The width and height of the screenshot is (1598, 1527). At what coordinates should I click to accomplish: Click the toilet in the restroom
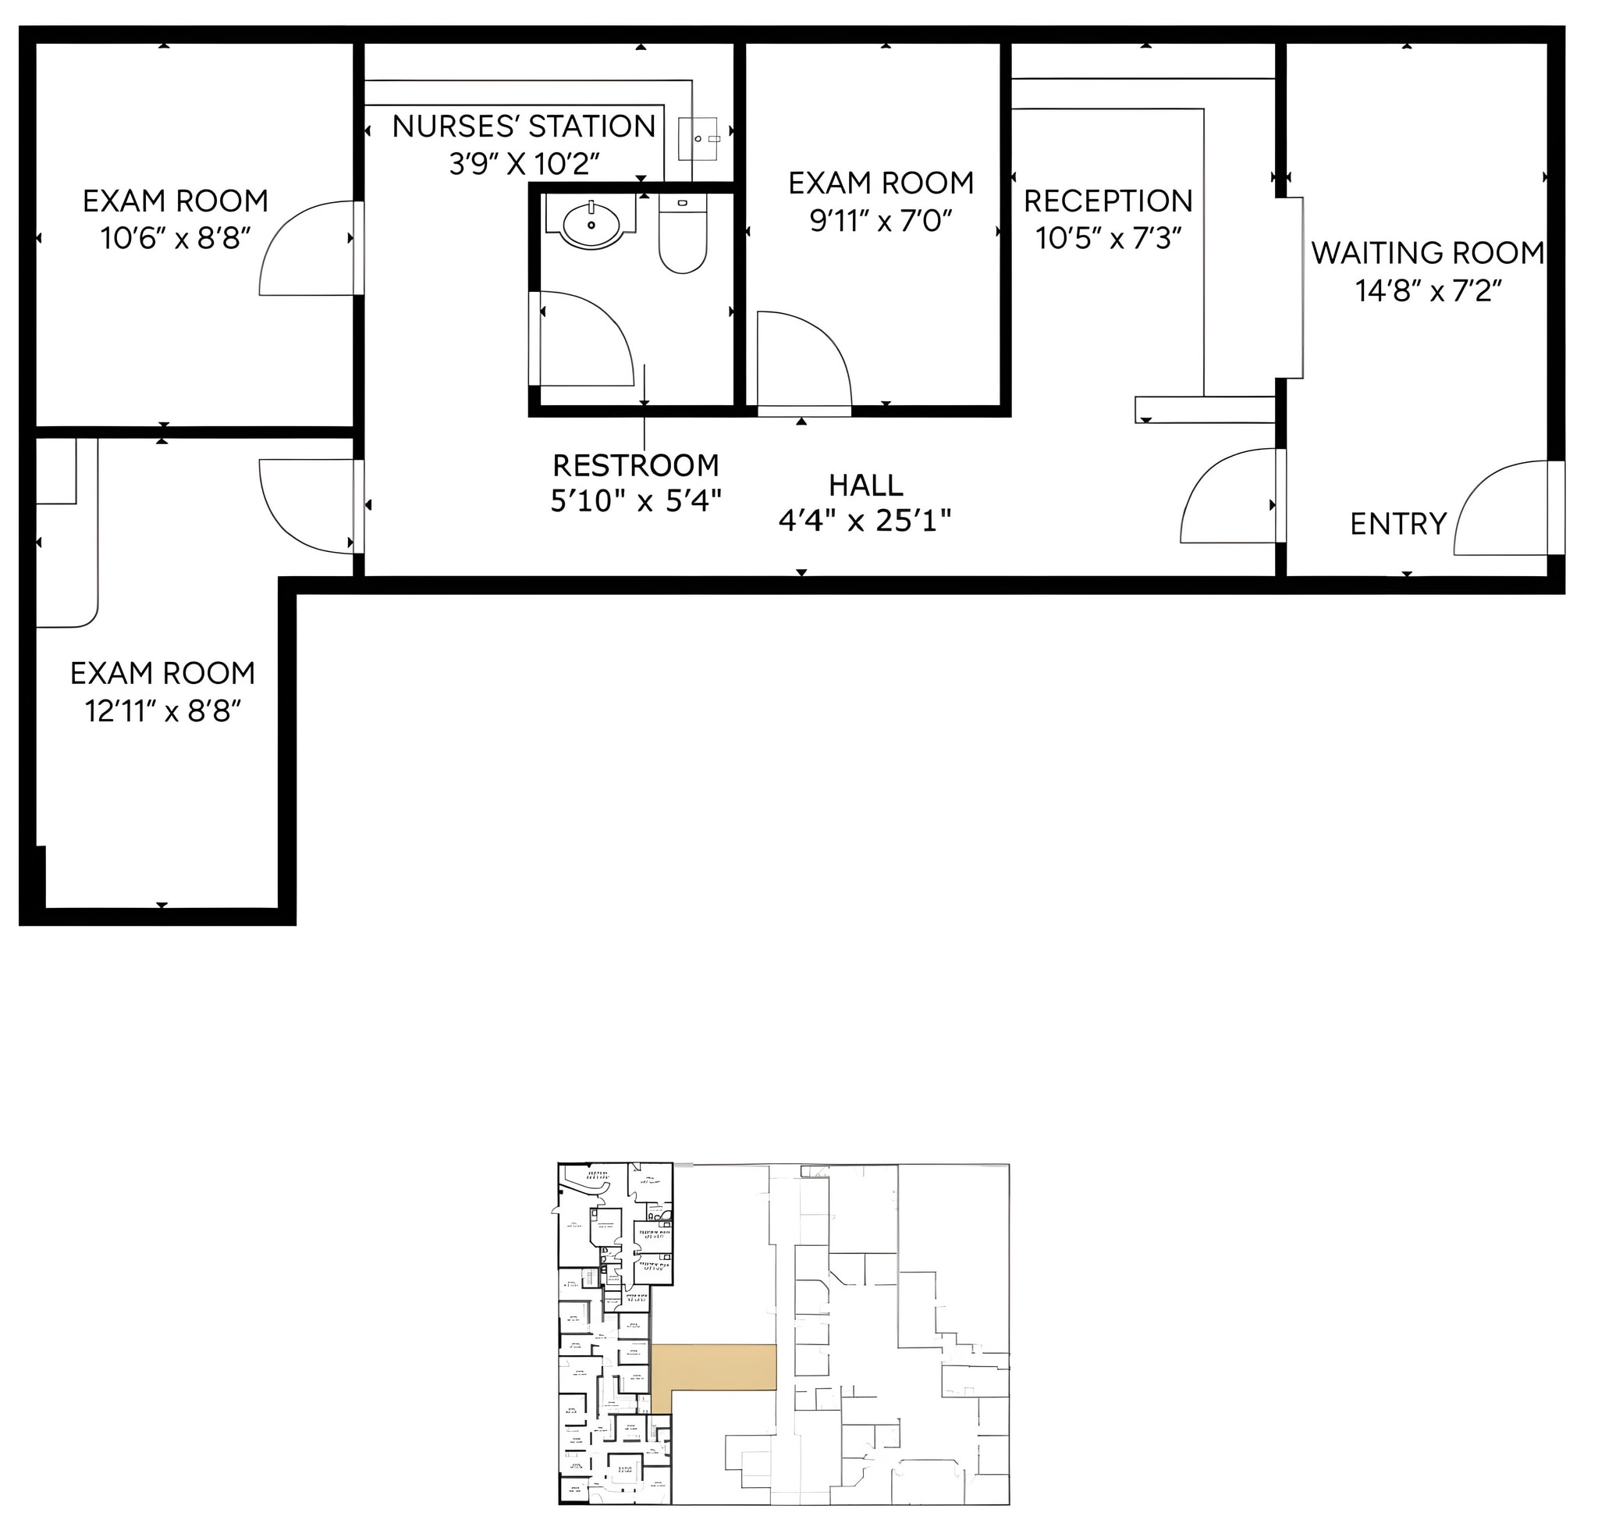point(682,236)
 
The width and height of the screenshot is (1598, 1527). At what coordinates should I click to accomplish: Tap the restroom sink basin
point(591,226)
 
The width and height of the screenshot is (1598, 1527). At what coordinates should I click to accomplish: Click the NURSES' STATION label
point(524,127)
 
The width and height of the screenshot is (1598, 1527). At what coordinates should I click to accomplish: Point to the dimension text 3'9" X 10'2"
point(524,165)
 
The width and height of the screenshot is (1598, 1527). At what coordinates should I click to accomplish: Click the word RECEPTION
point(1107,201)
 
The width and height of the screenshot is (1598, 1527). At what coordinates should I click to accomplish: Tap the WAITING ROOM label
point(1427,253)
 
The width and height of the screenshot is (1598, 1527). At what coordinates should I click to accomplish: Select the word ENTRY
point(1397,523)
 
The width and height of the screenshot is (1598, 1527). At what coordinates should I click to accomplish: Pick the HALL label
point(865,485)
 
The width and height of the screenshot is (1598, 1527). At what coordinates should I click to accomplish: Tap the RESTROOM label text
point(635,465)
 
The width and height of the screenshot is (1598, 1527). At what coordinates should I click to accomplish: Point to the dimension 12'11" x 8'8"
point(164,711)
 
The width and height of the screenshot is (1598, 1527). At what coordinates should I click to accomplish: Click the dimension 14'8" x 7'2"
point(1427,290)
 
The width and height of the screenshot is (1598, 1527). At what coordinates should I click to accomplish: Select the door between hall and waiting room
point(1229,497)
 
